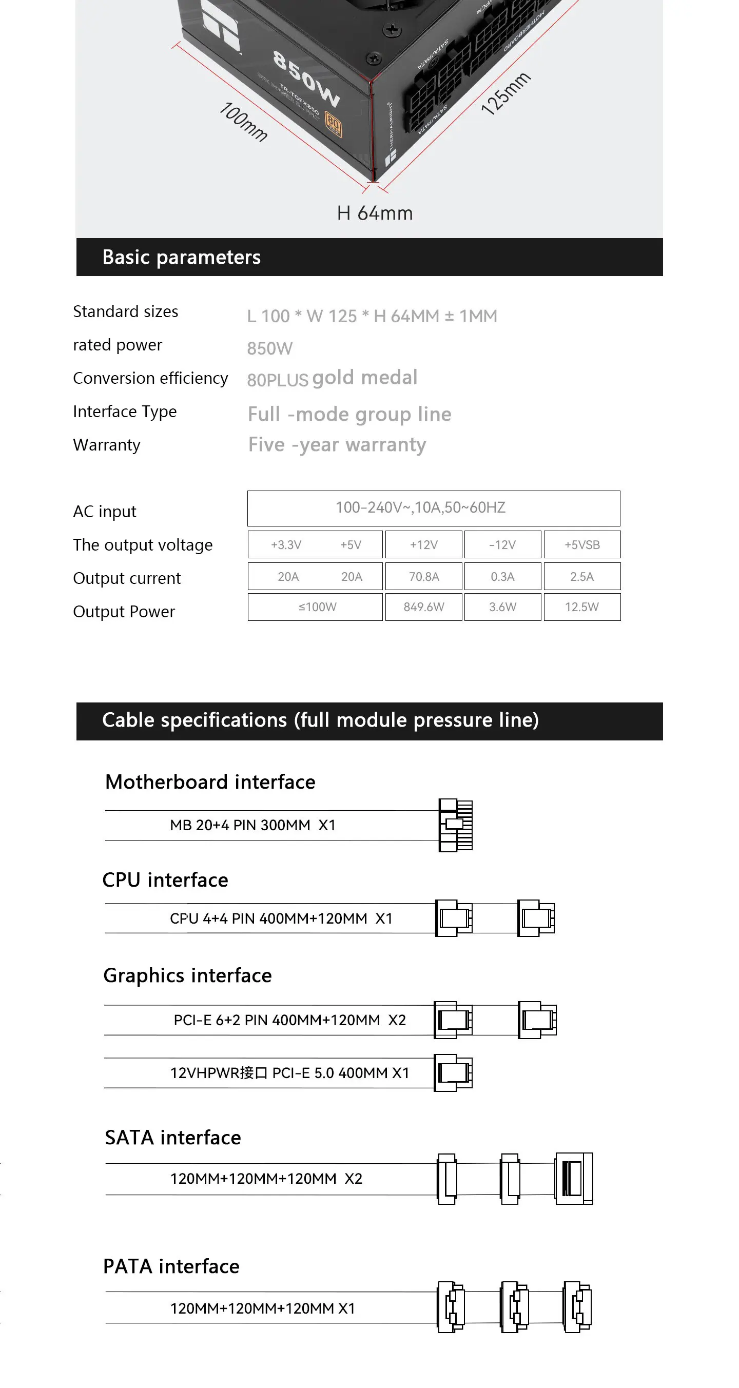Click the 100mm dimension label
[243, 122]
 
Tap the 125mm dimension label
[505, 93]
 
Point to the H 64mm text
[375, 213]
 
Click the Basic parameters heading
[181, 258]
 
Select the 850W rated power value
[269, 348]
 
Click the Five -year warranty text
[337, 445]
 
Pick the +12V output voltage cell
[424, 545]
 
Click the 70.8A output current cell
[424, 577]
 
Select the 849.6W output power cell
[424, 607]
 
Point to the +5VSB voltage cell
[582, 545]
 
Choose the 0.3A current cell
[502, 577]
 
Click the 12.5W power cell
[582, 607]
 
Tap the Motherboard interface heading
[210, 783]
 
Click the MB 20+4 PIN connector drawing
[456, 825]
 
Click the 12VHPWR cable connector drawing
[453, 1073]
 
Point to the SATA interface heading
[173, 1138]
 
